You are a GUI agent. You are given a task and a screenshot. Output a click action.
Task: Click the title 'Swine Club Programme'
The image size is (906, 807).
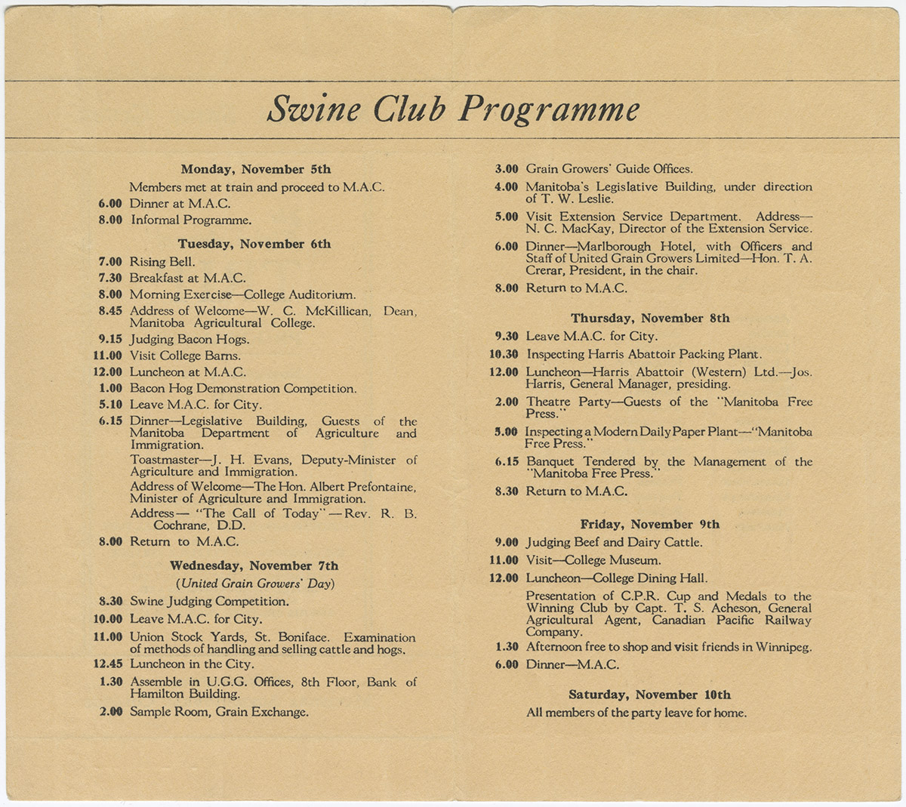pos(453,109)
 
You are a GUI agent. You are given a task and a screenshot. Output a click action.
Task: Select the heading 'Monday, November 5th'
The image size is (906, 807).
pos(255,169)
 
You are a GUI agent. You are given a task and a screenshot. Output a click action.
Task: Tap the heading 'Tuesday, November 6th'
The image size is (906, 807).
pos(254,244)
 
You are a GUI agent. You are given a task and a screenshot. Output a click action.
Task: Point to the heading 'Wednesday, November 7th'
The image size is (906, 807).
pos(254,565)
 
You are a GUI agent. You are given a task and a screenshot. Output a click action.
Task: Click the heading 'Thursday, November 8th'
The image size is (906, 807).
pos(650,318)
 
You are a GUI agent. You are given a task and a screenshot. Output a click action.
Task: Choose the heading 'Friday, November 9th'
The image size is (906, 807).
pos(649,524)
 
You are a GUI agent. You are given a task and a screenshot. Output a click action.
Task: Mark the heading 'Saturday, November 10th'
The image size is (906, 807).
pos(649,695)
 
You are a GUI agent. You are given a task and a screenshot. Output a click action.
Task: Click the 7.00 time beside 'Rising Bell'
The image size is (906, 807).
pos(110,262)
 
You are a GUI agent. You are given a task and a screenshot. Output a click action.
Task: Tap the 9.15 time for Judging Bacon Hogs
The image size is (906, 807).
pos(110,340)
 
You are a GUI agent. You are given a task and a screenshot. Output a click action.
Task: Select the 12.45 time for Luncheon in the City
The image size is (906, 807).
pos(107,664)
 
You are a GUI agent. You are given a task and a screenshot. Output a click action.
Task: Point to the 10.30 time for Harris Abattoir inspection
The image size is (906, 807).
pos(504,354)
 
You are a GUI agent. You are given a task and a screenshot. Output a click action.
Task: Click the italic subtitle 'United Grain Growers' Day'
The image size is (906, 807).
pos(255,584)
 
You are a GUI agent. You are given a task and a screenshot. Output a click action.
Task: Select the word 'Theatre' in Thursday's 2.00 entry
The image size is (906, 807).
pos(548,402)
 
